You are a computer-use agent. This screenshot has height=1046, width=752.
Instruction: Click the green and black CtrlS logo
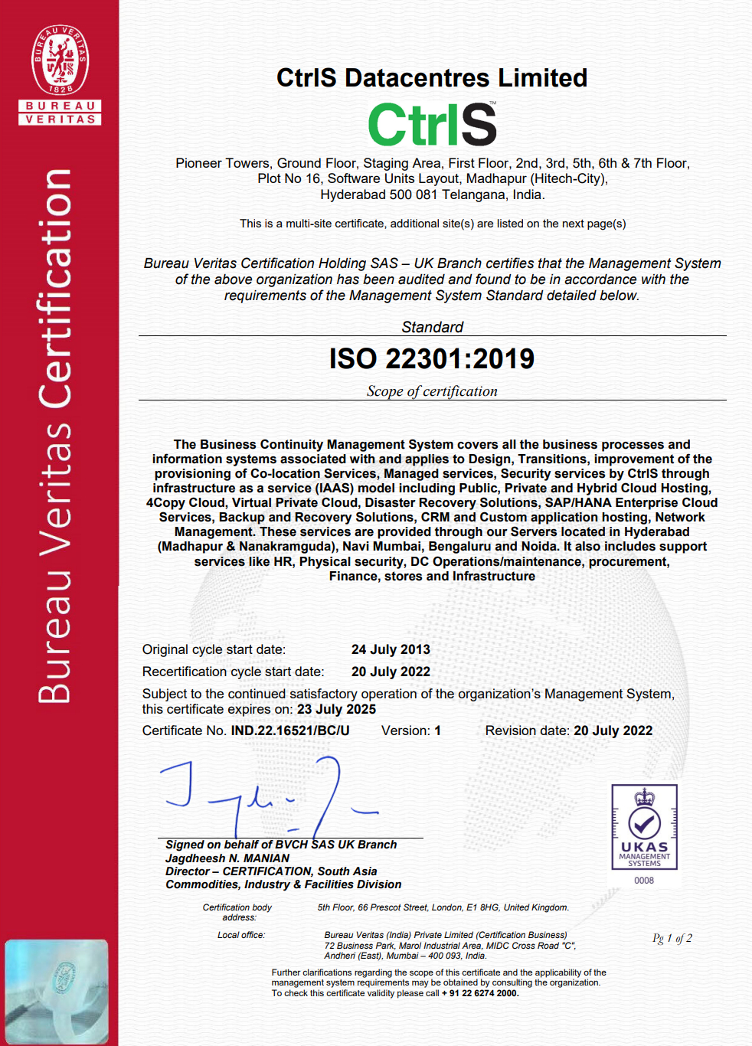pos(432,124)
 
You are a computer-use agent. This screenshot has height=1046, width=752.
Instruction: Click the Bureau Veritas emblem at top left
pos(60,74)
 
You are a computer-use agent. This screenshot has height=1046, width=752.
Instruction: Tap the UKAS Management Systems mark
pos(644,827)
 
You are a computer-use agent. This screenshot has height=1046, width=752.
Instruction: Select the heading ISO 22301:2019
pos(432,358)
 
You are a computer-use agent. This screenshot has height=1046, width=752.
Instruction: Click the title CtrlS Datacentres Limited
pos(432,78)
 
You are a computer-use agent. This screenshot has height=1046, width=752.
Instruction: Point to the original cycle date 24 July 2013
pos(391,649)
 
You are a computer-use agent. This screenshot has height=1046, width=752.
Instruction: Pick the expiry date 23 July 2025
pos(336,709)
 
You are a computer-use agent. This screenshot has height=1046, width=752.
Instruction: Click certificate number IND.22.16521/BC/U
pos(290,731)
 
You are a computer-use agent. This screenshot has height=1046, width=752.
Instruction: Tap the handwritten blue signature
pos(268,796)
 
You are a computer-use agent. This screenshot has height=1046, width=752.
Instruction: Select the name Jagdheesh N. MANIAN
pos(227,858)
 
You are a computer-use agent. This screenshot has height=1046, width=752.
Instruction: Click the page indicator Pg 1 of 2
pos(672,938)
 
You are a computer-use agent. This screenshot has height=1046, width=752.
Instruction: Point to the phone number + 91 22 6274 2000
pos(480,993)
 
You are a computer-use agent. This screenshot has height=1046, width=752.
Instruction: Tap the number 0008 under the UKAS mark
pos(644,881)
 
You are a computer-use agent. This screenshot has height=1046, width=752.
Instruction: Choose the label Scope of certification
pos(432,391)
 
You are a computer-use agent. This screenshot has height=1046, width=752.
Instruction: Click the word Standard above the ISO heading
pos(432,327)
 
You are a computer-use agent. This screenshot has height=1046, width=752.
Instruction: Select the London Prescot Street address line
pos(443,907)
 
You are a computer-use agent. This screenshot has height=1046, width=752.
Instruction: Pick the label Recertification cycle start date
pos(233,672)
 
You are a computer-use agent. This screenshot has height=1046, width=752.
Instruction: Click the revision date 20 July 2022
pos(613,731)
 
